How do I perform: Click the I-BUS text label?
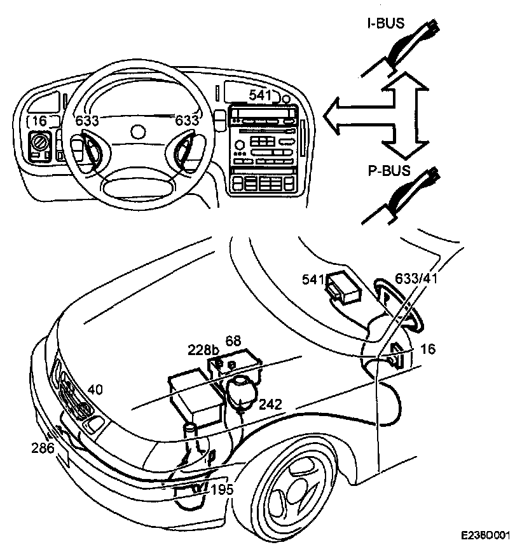pyautogui.click(x=386, y=24)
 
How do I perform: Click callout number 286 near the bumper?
pyautogui.click(x=42, y=448)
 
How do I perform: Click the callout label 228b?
pyautogui.click(x=203, y=349)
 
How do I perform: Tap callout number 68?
pyautogui.click(x=233, y=340)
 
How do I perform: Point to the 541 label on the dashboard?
pyautogui.click(x=260, y=95)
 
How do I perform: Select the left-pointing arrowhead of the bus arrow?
pyautogui.click(x=332, y=117)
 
